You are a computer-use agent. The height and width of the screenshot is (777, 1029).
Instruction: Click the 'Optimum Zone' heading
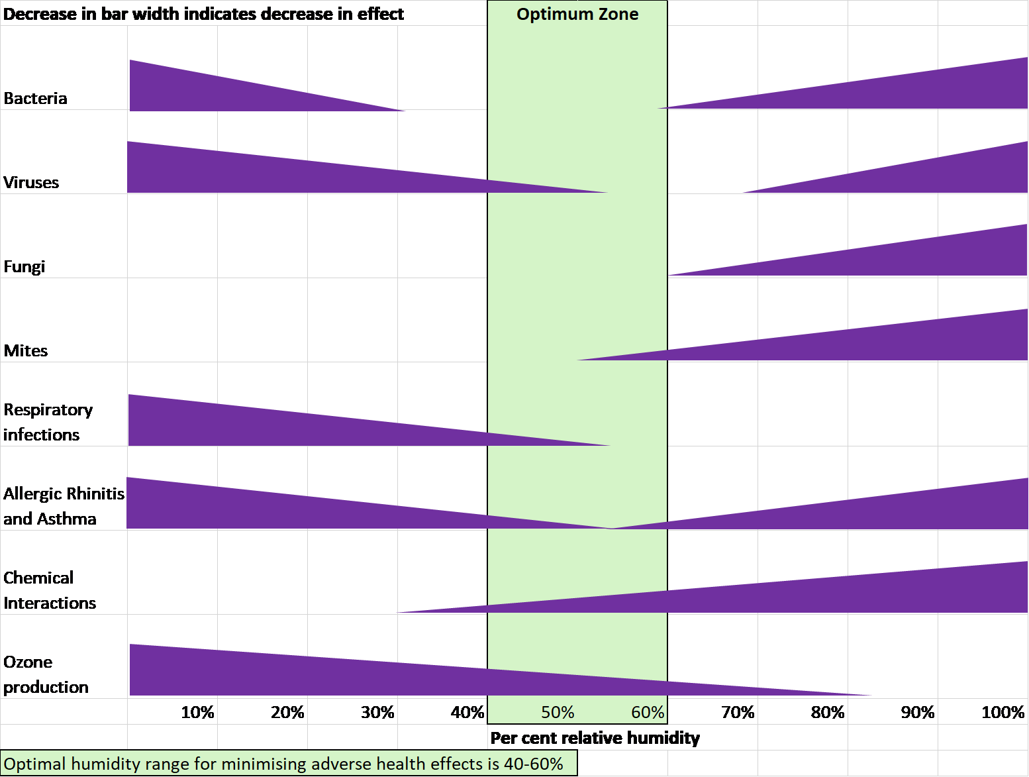577,14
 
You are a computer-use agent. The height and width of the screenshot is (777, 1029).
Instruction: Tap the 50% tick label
558,712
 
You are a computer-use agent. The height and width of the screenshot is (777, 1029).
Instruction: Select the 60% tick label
647,712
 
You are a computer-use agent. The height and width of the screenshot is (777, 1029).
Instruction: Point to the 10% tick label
198,712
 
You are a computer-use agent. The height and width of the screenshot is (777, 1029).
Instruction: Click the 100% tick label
1003,712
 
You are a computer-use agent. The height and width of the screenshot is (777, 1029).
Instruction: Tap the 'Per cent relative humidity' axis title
594,737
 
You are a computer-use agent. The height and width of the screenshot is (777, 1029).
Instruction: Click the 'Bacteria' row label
36,98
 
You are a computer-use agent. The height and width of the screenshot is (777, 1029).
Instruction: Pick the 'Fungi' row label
24,267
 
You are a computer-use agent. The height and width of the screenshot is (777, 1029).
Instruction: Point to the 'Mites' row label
26,351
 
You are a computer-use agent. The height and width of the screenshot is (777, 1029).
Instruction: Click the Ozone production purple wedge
331,676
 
